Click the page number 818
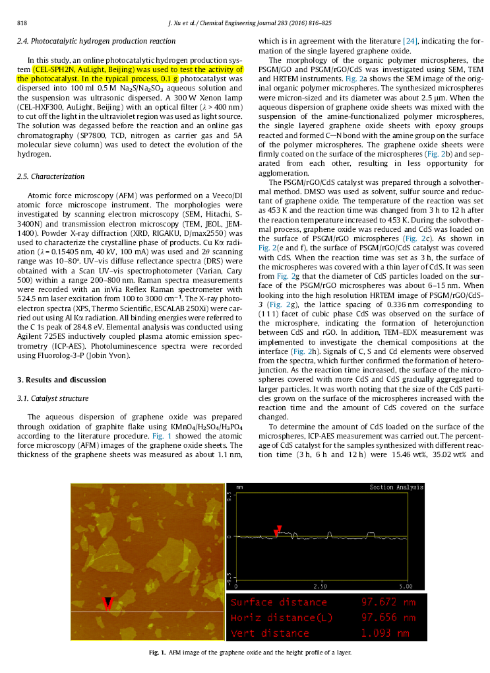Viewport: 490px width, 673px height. pos(21,24)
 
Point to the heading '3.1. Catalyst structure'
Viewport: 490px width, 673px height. pos(52,398)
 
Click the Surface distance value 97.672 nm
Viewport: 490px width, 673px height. pos(388,602)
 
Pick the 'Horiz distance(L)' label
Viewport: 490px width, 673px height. pos(281,618)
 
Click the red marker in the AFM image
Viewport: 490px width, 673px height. pos(109,603)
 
